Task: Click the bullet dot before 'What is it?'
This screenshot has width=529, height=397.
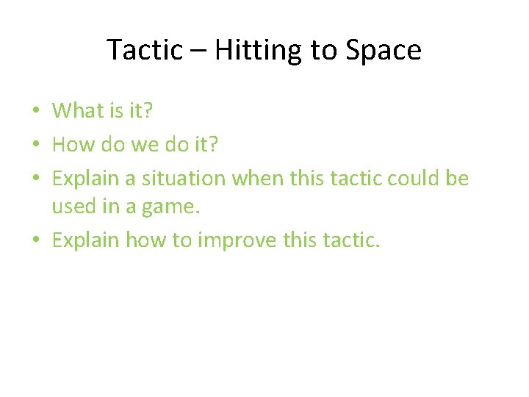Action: tap(37, 112)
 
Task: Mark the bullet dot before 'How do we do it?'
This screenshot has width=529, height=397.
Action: tap(37, 145)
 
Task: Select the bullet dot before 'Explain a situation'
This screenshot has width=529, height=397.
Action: tap(37, 178)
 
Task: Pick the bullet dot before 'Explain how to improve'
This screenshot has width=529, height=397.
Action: tap(37, 240)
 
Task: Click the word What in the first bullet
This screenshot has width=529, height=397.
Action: tap(78, 110)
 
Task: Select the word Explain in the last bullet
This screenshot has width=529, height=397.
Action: tap(86, 240)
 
